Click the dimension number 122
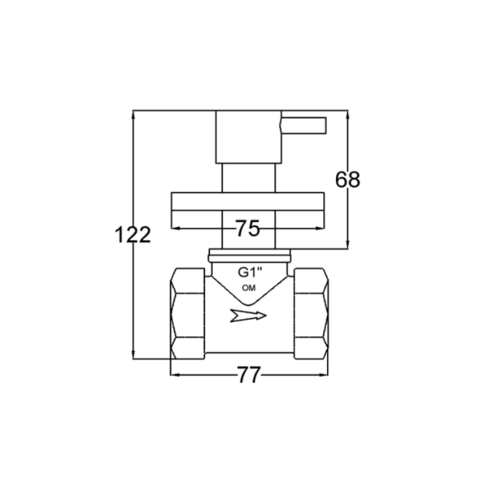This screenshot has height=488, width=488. tap(133, 235)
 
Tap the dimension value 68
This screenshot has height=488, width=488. tap(347, 180)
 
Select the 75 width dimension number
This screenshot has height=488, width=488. tap(247, 229)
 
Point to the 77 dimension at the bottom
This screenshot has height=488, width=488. tap(248, 375)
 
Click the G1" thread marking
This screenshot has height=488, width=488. tap(251, 272)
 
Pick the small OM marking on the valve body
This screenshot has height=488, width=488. tap(249, 289)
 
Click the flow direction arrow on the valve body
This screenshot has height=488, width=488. tap(248, 316)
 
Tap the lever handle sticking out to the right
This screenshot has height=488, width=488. tap(303, 125)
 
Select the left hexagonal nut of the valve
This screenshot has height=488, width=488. tap(188, 314)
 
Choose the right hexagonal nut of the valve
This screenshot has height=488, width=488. tap(312, 314)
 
